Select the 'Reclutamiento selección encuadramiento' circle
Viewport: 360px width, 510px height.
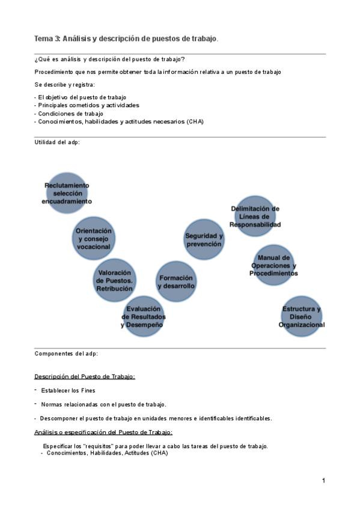[x=67, y=194]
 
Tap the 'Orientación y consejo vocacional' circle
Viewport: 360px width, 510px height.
[x=93, y=239]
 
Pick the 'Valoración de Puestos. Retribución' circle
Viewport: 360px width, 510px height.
[x=114, y=280]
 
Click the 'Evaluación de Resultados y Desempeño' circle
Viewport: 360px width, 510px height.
[x=143, y=317]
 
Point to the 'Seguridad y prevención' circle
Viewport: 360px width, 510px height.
[x=204, y=240]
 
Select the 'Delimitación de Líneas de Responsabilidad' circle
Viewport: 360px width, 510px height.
[x=255, y=217]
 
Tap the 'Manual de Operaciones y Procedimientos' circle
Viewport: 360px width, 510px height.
[x=273, y=265]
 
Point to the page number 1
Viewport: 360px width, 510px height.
[x=323, y=481]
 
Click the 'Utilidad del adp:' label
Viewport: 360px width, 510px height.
[x=57, y=143]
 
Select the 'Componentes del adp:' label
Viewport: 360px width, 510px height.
[x=66, y=354]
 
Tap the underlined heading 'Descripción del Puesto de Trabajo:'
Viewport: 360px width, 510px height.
[x=84, y=376]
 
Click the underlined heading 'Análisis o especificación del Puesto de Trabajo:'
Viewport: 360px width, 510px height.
[x=103, y=432]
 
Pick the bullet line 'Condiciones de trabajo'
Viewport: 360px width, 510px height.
[x=70, y=113]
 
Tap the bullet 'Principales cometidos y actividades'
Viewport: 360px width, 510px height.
[x=88, y=105]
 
